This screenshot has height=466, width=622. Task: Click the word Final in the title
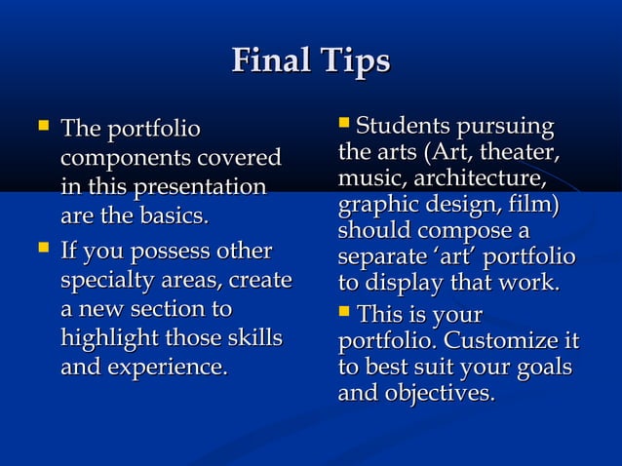click(x=272, y=63)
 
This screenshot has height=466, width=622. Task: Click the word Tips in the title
click(x=354, y=63)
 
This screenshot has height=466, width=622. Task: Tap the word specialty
click(x=101, y=281)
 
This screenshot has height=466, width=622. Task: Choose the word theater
click(x=524, y=153)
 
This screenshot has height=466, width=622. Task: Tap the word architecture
click(x=479, y=180)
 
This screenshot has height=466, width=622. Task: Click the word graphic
click(x=376, y=207)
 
